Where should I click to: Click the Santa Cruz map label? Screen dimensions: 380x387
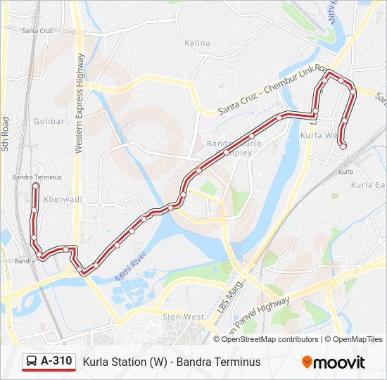(x=37, y=31)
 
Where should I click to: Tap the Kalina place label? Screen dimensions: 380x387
(x=197, y=43)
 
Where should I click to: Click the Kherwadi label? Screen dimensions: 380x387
(x=63, y=200)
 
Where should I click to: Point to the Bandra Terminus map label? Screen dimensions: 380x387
(x=37, y=177)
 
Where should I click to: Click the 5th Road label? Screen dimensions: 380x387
(x=5, y=134)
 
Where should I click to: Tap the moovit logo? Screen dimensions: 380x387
(x=334, y=362)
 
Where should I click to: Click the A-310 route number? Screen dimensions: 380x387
(x=56, y=362)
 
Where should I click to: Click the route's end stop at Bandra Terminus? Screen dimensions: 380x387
(x=35, y=186)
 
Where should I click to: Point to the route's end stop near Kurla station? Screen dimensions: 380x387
(x=343, y=146)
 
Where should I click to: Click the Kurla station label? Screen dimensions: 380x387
(x=345, y=172)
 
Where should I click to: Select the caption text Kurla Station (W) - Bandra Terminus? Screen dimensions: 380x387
(x=172, y=362)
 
